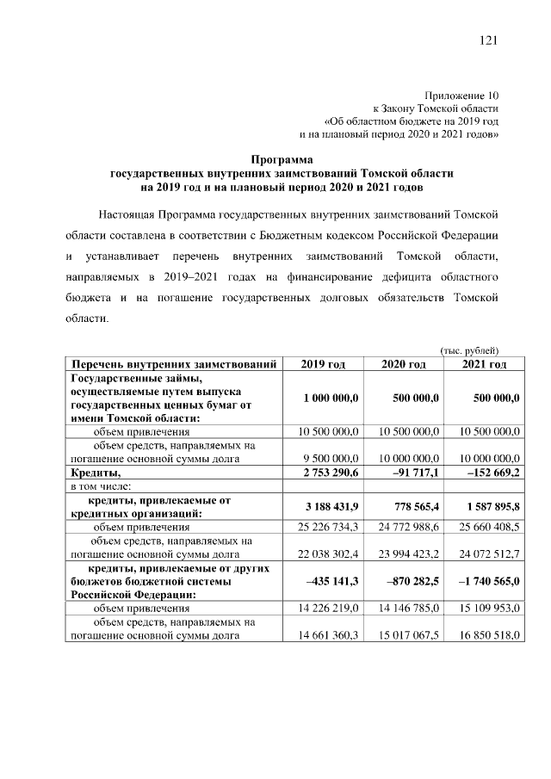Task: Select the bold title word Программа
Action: (x=282, y=158)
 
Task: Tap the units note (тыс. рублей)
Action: (x=469, y=349)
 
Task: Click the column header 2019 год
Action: (x=323, y=365)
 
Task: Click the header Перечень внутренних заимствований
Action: (x=173, y=365)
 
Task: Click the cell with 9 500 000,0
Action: (x=328, y=460)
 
